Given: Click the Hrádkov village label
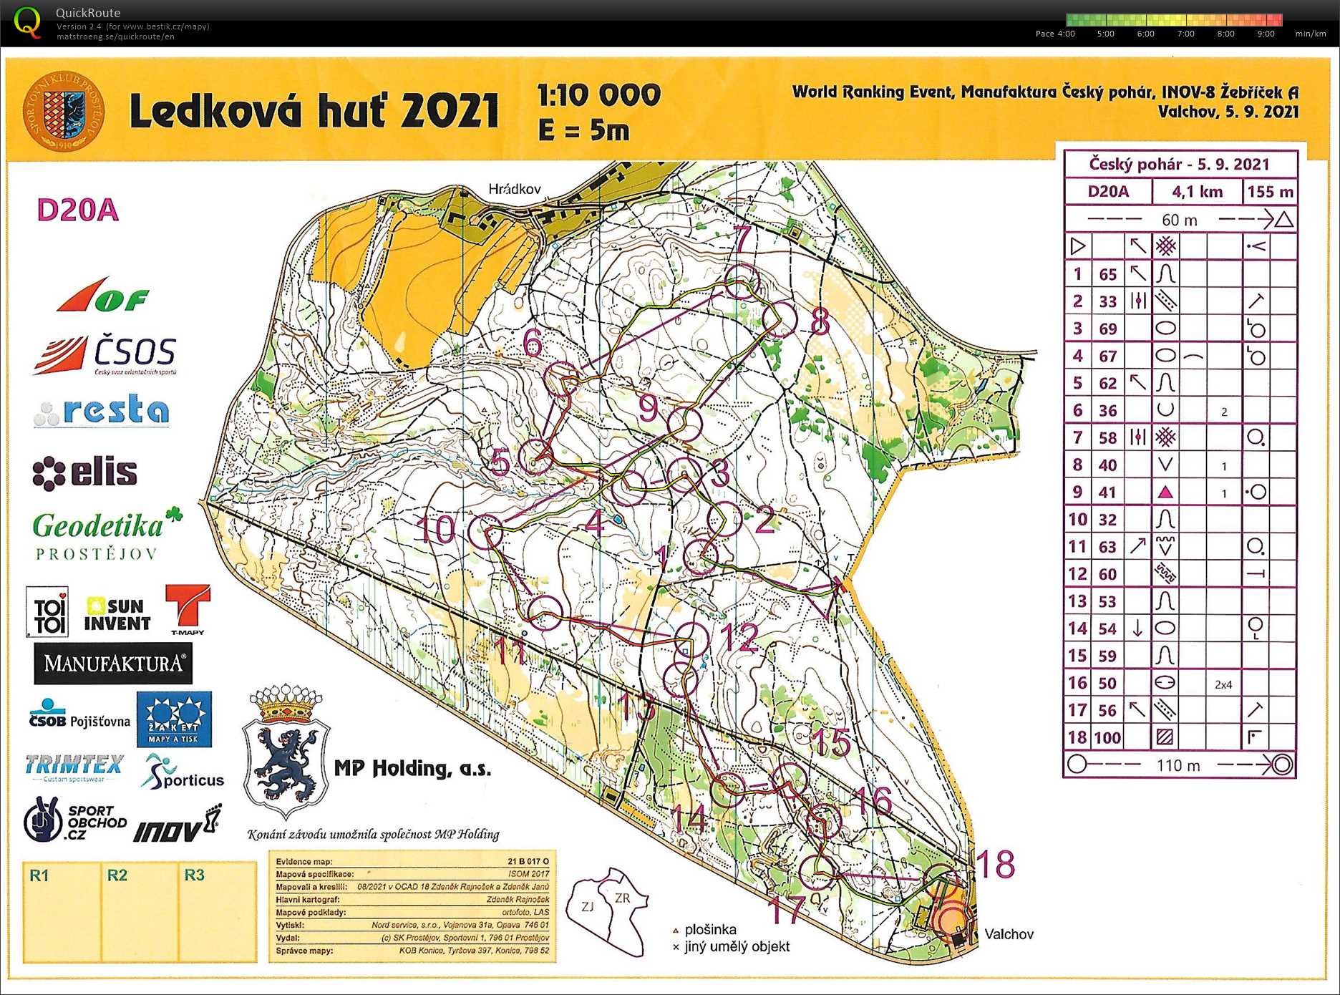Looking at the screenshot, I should [x=514, y=189].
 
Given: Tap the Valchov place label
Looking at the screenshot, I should [x=1009, y=933].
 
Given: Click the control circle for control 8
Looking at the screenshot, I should [x=779, y=319].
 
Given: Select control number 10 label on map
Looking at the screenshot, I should [x=436, y=530].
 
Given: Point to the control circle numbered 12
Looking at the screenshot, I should [x=691, y=640].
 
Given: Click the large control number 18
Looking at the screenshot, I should [x=995, y=864].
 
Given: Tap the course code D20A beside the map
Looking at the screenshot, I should [x=77, y=210].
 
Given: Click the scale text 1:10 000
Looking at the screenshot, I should [x=598, y=95].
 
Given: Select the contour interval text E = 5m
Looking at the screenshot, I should [x=583, y=130].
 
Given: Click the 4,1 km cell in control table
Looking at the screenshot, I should [x=1196, y=192].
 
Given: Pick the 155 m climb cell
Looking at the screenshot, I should [x=1270, y=192].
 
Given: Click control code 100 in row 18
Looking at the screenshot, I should [x=1107, y=738].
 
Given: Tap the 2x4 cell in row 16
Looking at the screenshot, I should [x=1223, y=684].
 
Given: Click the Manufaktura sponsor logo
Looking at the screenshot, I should [x=113, y=664].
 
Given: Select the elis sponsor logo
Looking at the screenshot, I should [x=85, y=472].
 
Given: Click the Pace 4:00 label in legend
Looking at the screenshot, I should [x=1054, y=34].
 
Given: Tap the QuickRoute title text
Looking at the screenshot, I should [x=88, y=13].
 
